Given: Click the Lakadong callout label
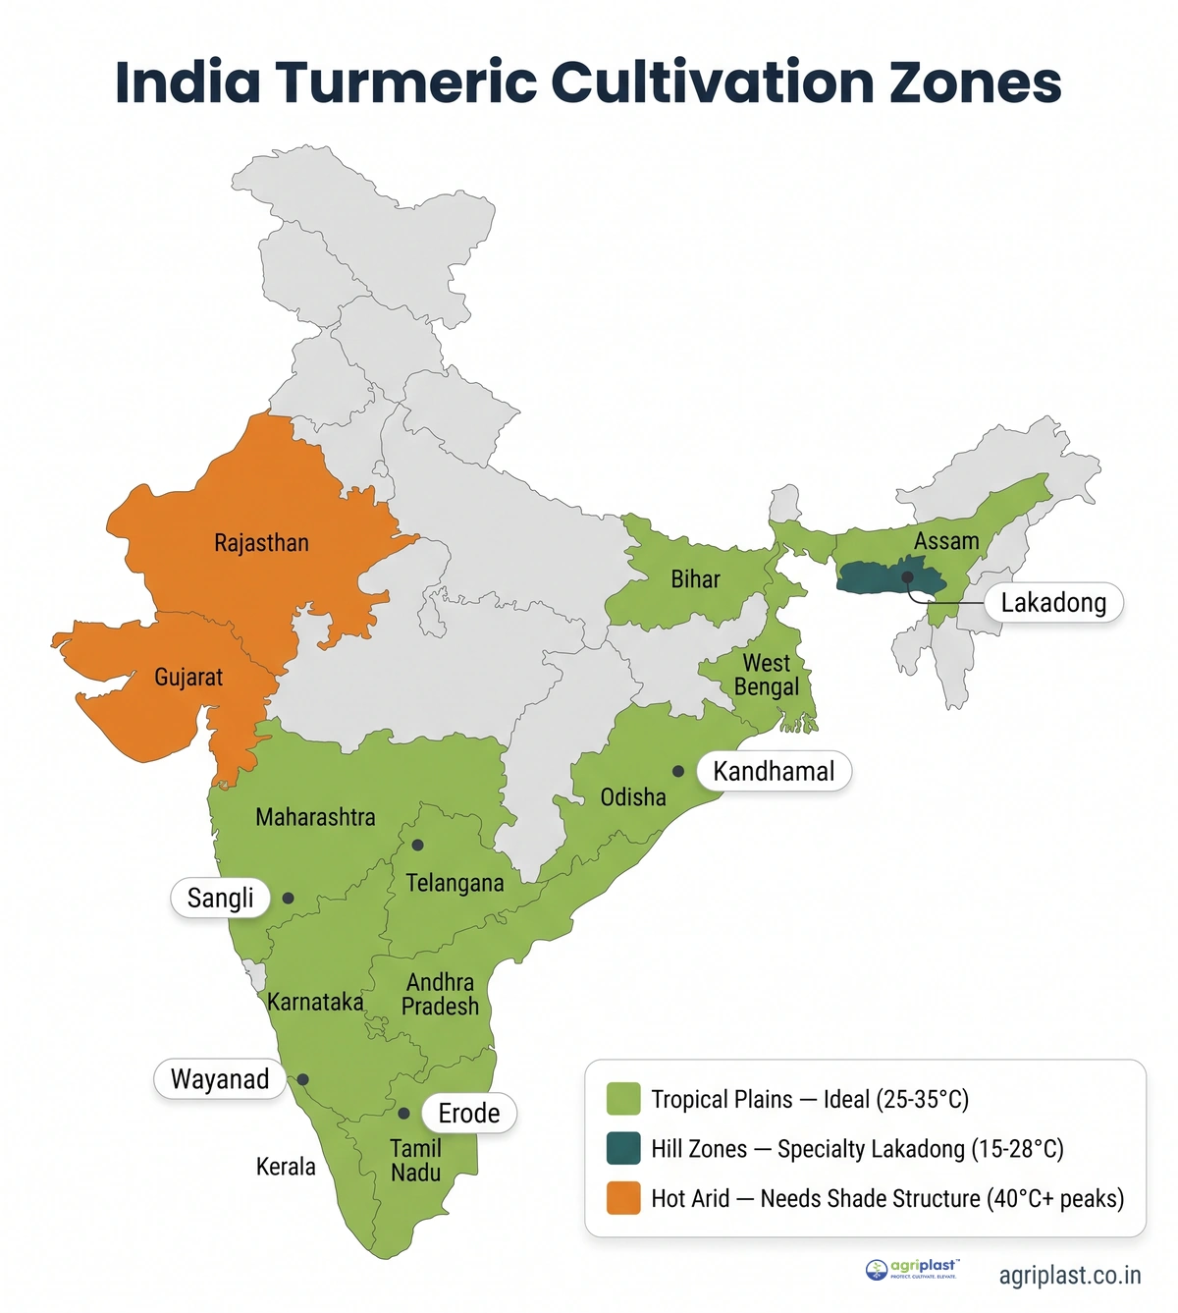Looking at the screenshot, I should [1052, 603].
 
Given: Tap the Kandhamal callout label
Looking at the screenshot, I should [774, 772].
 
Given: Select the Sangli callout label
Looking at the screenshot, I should [220, 898].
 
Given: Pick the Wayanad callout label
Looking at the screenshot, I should [219, 1079].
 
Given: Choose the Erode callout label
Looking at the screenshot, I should [469, 1114].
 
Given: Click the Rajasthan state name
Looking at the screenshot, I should [261, 543].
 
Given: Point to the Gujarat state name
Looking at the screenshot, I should [188, 678].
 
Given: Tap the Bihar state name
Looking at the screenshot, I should [695, 579].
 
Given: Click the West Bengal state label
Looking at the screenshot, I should [767, 676].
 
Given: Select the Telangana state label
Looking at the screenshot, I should [455, 884].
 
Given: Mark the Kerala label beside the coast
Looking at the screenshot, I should [286, 1167].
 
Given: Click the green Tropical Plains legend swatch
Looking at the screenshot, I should [623, 1099].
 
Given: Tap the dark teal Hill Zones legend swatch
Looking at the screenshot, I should [623, 1149].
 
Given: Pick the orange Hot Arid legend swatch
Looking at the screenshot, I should [623, 1198].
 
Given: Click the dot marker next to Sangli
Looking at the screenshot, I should [288, 898].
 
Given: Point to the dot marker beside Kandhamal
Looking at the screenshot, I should [677, 772].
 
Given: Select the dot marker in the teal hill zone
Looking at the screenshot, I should [907, 577].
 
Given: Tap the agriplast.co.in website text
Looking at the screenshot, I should [1070, 1276].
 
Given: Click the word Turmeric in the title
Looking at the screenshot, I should [406, 82].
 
